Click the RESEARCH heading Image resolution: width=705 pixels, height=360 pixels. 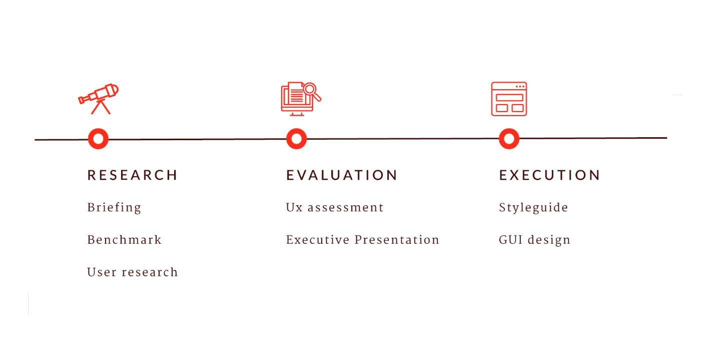point(132,175)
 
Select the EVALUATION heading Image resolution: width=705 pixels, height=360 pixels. point(342,175)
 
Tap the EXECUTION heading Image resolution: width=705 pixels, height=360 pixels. point(549,175)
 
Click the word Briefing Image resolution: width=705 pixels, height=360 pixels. point(114,208)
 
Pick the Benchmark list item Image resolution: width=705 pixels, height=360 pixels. point(124,240)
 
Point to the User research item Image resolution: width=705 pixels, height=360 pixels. point(133,272)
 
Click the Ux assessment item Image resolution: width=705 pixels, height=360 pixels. point(335,208)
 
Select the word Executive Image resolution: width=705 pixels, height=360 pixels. point(318,240)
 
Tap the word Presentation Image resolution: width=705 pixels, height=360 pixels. point(397,240)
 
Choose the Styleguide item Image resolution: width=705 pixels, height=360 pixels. point(533,208)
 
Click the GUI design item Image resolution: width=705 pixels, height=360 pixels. point(534,240)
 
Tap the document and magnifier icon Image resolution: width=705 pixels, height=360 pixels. point(301,99)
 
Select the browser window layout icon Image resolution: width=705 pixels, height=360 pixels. point(509,99)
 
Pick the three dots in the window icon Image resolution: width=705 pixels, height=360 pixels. point(520,86)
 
